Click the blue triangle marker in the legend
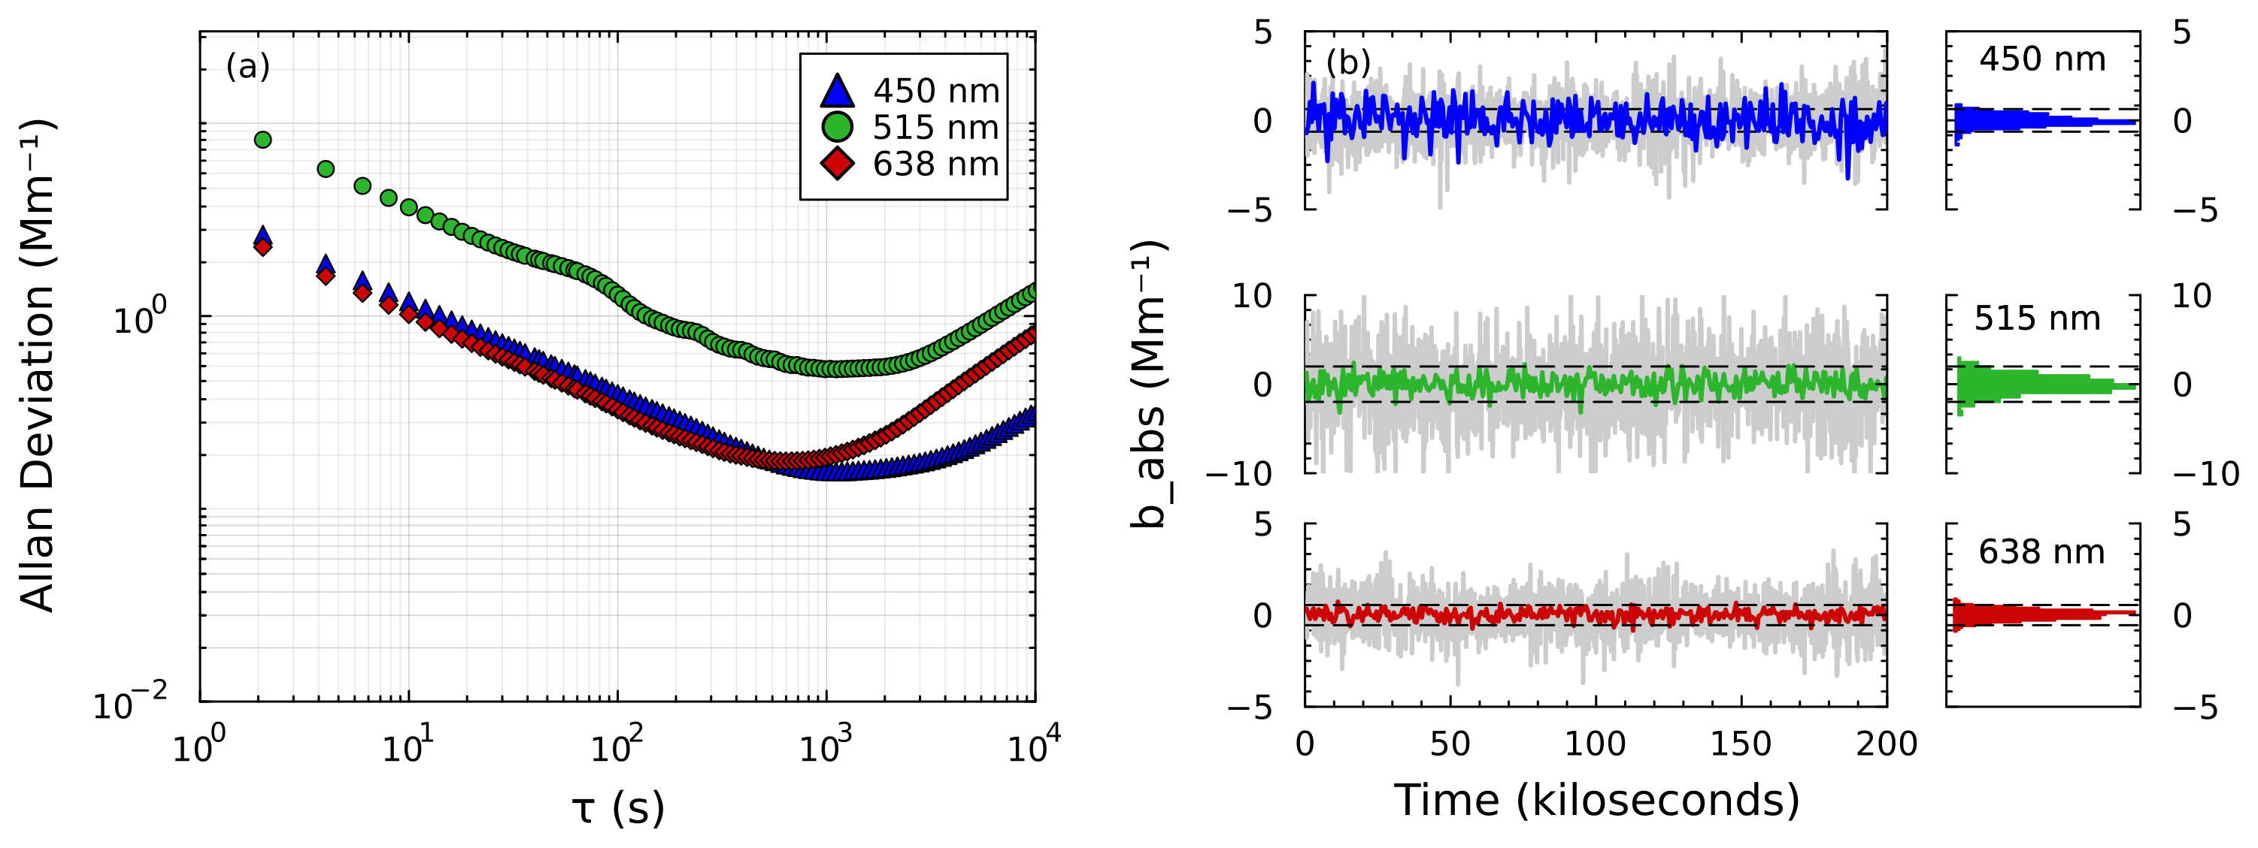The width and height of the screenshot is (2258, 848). click(838, 91)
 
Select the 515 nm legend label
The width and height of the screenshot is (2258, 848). click(935, 128)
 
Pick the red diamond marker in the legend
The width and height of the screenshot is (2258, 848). click(838, 164)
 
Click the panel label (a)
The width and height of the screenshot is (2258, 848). click(248, 67)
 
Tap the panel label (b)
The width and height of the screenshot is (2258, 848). click(1348, 63)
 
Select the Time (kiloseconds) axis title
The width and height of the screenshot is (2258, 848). click(1596, 800)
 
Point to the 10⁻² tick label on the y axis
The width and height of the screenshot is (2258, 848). click(131, 705)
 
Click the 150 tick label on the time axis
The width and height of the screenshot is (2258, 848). click(1741, 744)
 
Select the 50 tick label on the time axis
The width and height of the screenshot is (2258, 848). click(1450, 744)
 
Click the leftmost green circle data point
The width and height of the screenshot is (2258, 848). click(262, 139)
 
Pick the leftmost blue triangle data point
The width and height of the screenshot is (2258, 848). click(262, 236)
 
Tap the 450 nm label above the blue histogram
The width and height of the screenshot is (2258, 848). click(2042, 59)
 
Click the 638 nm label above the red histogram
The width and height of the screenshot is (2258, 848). click(2041, 552)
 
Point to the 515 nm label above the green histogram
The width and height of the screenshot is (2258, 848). click(2037, 319)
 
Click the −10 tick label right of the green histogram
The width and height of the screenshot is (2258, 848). click(2205, 474)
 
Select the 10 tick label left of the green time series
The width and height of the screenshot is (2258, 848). click(1252, 296)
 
